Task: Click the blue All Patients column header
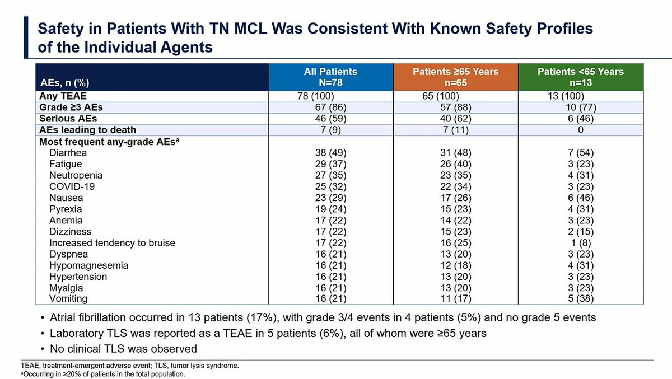(330, 77)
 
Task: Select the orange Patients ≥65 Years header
(455, 77)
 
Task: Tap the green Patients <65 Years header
(580, 77)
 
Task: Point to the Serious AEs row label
(68, 119)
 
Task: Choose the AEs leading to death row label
(87, 130)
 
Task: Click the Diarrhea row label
(68, 153)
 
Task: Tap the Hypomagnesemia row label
(88, 265)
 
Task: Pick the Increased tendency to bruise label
(112, 243)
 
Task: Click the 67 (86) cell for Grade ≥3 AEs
(330, 107)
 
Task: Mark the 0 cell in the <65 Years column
(581, 130)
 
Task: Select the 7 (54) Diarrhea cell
(581, 153)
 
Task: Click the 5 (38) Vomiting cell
(581, 299)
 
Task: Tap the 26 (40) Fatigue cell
(455, 164)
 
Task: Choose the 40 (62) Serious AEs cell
(455, 119)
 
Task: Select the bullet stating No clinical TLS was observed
(123, 349)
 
